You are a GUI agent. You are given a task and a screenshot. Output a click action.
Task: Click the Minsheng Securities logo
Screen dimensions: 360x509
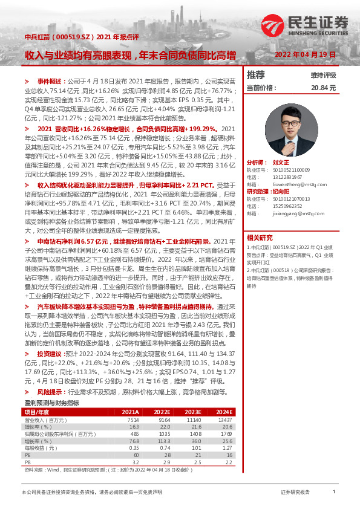click(306, 25)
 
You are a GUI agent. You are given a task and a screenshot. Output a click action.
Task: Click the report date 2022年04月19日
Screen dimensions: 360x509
click(306, 54)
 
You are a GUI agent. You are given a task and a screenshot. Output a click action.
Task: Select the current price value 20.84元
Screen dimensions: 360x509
click(323, 88)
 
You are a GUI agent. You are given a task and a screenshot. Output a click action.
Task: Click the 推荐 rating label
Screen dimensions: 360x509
click(256, 75)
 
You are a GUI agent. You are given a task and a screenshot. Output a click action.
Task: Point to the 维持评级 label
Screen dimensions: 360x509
click(323, 76)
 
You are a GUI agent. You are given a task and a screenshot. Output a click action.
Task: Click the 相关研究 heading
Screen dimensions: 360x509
click(260, 238)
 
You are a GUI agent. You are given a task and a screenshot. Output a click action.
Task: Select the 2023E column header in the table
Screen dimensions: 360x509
click(192, 411)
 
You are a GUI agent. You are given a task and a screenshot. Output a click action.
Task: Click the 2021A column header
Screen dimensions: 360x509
click(130, 411)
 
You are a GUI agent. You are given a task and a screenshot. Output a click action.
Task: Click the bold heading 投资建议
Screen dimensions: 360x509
click(50, 352)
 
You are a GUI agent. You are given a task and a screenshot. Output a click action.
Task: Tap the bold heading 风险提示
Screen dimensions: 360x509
click(50, 392)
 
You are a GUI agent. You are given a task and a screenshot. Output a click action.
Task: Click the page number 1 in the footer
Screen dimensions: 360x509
click(334, 492)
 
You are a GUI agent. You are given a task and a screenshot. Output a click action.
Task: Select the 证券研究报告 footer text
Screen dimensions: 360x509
click(296, 492)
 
